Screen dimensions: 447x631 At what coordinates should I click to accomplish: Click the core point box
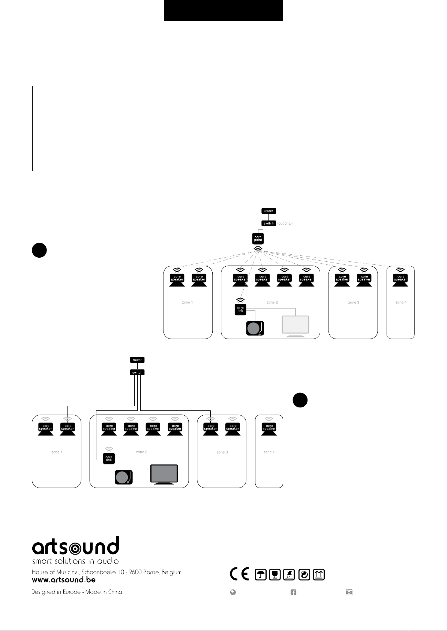pos(258,238)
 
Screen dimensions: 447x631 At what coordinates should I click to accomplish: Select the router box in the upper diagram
pos(268,211)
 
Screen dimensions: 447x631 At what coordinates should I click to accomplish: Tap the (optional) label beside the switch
pos(285,224)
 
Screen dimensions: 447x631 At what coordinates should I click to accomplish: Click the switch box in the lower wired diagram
pos(137,372)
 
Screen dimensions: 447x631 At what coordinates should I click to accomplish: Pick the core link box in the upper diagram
pos(240,309)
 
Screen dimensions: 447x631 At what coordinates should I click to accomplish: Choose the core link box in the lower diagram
pos(109,458)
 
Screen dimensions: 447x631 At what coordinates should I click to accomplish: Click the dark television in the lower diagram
pos(164,474)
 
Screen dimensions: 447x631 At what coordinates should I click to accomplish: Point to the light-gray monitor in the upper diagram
pos(295,326)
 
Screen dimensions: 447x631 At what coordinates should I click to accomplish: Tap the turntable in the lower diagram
pos(123,477)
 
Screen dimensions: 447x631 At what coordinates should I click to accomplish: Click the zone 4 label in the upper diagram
pos(401,302)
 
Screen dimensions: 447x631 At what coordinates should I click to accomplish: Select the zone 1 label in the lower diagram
pos(57,452)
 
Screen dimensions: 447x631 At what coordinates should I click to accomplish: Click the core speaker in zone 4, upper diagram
pos(400,280)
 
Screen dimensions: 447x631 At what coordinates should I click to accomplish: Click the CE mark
pos(239,574)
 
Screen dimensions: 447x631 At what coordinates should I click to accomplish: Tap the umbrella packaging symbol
pos(261,574)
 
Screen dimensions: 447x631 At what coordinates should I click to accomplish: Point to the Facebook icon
pos(293,592)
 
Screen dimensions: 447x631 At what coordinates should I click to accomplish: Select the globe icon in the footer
pos(233,592)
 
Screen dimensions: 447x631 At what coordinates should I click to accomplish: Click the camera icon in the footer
pos(349,592)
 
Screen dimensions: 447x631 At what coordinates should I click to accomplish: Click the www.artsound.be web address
pos(64,579)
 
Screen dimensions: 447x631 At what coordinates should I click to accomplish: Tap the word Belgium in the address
pos(171,572)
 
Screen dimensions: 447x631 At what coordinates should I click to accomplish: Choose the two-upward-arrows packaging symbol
pos(319,574)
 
